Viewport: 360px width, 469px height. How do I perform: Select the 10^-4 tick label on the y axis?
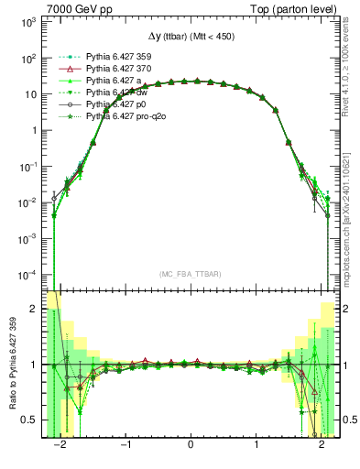point(28,274)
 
